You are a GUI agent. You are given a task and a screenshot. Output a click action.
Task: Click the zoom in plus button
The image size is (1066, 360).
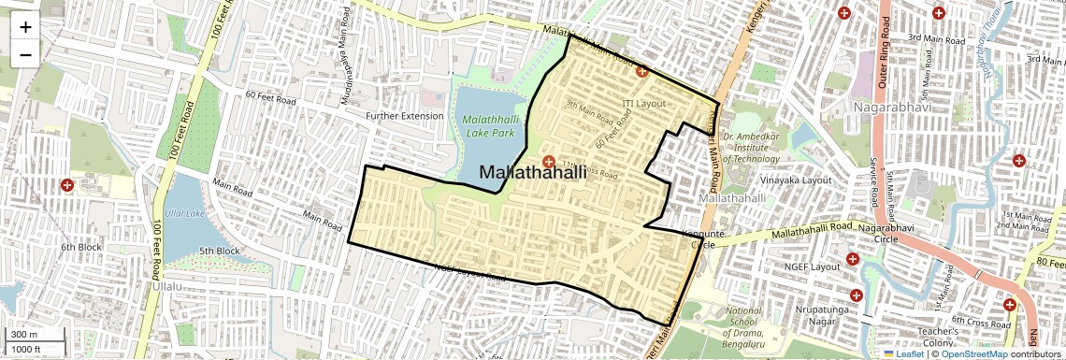point(25,26)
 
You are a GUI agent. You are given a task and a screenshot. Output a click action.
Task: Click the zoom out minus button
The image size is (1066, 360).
point(25,54)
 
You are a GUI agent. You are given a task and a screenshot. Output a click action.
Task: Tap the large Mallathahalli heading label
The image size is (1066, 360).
point(533,172)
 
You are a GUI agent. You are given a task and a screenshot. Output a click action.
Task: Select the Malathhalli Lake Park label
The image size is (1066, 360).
point(488,126)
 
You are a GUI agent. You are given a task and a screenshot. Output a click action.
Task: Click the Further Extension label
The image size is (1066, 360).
point(404,116)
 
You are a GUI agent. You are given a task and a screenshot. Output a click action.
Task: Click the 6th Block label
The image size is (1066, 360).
point(80,247)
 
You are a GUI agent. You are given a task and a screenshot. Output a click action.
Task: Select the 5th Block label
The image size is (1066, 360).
point(220,251)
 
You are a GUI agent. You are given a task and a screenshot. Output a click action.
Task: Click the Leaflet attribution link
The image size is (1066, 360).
point(903,354)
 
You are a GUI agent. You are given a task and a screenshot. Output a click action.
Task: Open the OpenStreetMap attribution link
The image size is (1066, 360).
point(973,354)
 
